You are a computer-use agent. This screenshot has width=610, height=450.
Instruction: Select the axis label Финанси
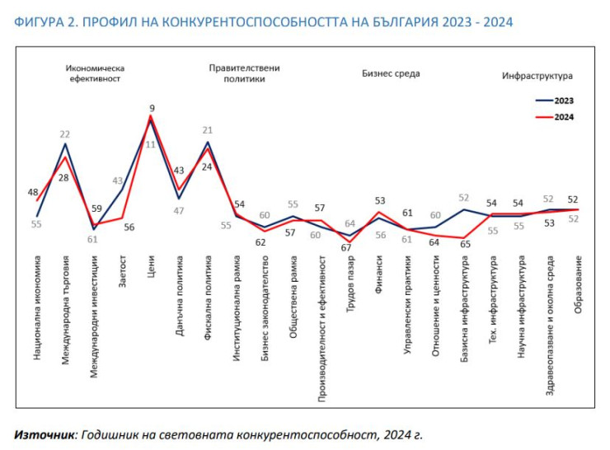click(x=379, y=273)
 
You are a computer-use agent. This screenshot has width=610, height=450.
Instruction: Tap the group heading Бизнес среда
click(x=391, y=73)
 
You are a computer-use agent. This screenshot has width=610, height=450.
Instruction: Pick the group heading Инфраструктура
click(x=537, y=76)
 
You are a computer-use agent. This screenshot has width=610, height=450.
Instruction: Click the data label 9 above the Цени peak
click(x=152, y=108)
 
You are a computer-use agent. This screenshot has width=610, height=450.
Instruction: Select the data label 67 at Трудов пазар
click(x=346, y=247)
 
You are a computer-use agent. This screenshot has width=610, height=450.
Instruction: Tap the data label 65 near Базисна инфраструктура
click(x=464, y=245)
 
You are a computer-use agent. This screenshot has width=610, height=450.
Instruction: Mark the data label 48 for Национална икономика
click(x=35, y=193)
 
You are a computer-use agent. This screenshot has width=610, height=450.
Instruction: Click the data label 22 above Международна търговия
click(x=64, y=134)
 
